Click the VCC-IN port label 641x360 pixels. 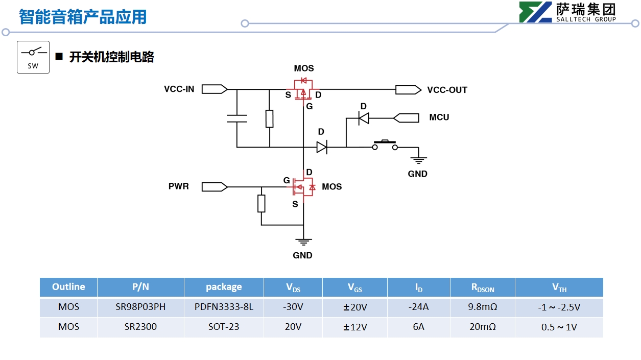point(179,89)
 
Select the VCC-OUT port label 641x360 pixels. point(447,90)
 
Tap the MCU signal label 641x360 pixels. point(439,117)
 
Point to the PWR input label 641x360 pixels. point(179,186)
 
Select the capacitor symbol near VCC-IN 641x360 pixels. point(236,119)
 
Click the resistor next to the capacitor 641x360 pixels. point(269,118)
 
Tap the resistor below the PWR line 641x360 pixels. point(262,203)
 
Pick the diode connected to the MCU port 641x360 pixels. point(364,118)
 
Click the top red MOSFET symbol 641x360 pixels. point(303,88)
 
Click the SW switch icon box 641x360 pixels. point(33,57)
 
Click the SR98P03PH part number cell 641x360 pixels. point(140,307)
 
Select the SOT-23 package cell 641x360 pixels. point(224,327)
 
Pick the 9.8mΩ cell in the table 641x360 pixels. point(482,307)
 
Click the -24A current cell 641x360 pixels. point(418,307)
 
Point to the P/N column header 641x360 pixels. point(140,287)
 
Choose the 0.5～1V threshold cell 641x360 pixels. point(559,327)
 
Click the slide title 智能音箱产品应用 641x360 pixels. point(83,17)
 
